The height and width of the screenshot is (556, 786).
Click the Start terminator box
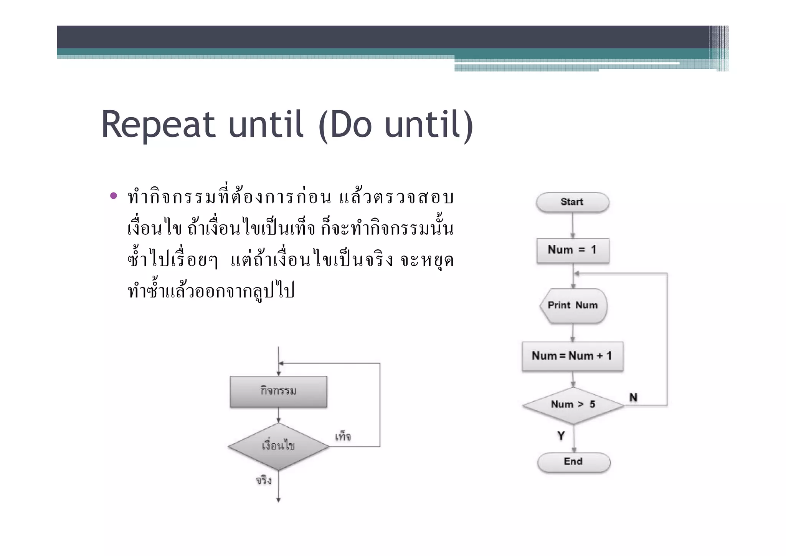tap(572, 202)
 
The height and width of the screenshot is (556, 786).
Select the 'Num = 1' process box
tap(573, 250)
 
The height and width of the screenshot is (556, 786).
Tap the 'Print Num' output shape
tap(573, 305)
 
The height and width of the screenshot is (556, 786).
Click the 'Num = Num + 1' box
tap(572, 356)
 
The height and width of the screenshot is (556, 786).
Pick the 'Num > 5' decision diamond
tap(573, 405)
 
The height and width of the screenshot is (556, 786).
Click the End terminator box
tap(573, 462)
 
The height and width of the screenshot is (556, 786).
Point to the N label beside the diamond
tap(633, 397)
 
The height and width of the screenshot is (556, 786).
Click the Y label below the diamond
tap(561, 436)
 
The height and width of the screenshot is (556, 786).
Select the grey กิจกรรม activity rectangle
tap(278, 392)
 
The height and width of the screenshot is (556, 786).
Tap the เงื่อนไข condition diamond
tap(278, 446)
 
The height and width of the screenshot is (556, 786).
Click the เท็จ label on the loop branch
tap(343, 437)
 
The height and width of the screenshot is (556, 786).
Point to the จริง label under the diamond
tap(264, 480)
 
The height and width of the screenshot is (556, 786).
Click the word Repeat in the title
tap(158, 124)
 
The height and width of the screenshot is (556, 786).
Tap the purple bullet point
tap(113, 196)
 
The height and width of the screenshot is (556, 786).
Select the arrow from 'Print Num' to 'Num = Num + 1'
tap(573, 332)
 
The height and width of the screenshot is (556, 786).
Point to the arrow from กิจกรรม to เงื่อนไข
tap(278, 415)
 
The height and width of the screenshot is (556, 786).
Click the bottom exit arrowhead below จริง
tap(278, 500)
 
